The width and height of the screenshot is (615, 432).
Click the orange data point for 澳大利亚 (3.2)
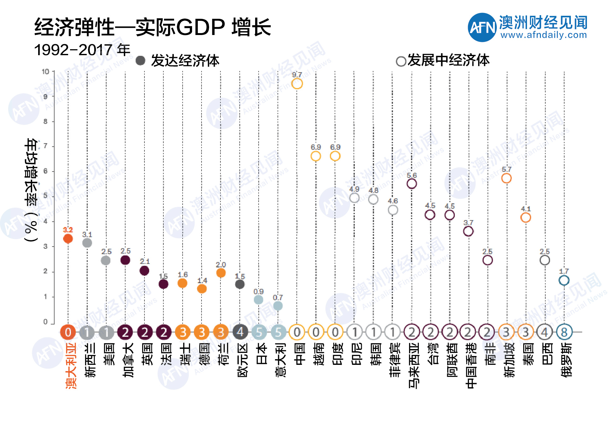(68, 239)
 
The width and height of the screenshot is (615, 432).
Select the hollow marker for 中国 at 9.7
(297, 84)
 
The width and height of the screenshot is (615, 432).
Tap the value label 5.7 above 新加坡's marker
(506, 170)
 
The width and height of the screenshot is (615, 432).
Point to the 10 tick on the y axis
(46, 72)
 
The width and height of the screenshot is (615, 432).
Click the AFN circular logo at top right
(482, 27)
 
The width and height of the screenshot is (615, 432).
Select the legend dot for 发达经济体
(140, 61)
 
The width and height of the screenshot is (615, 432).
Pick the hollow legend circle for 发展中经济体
(401, 61)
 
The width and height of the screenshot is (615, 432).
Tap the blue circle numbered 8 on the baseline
(564, 332)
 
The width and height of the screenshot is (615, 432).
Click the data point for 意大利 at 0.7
(278, 306)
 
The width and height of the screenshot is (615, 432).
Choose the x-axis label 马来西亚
(413, 365)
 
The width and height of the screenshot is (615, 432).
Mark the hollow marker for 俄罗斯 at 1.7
(564, 280)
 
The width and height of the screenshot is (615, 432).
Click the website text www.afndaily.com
(543, 35)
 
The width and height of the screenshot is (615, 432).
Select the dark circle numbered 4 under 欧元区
(240, 332)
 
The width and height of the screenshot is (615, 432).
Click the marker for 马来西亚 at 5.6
(412, 184)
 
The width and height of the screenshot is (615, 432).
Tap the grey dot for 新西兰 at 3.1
(87, 243)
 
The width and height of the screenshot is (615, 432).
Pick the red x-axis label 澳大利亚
(71, 365)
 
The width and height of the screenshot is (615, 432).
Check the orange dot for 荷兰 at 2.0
(221, 273)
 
